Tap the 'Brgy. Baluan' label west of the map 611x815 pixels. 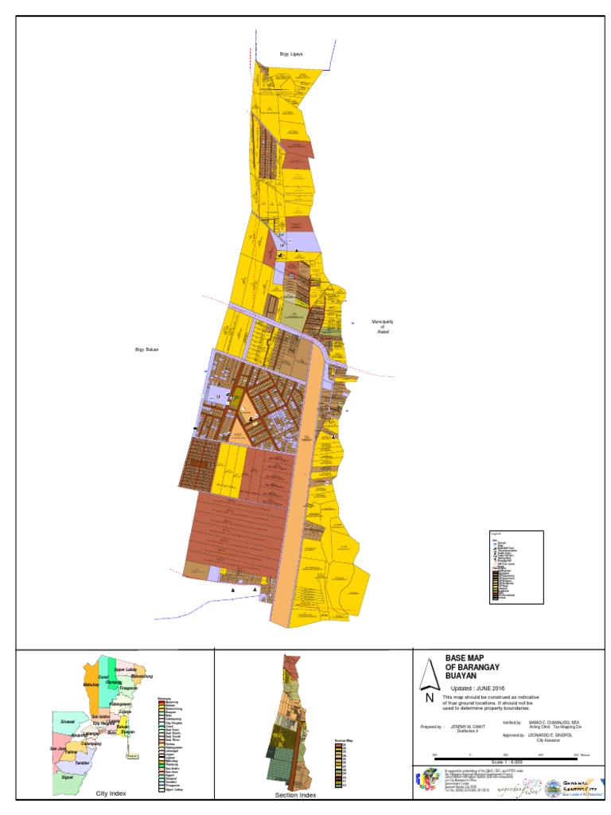tap(147, 349)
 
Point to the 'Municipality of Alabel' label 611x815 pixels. tap(383, 327)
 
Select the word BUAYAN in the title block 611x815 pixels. tap(464, 676)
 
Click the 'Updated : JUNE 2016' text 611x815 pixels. tap(477, 688)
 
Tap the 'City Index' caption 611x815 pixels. tap(111, 794)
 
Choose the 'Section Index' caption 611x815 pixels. tap(296, 795)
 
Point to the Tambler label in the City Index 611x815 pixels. tap(83, 762)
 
